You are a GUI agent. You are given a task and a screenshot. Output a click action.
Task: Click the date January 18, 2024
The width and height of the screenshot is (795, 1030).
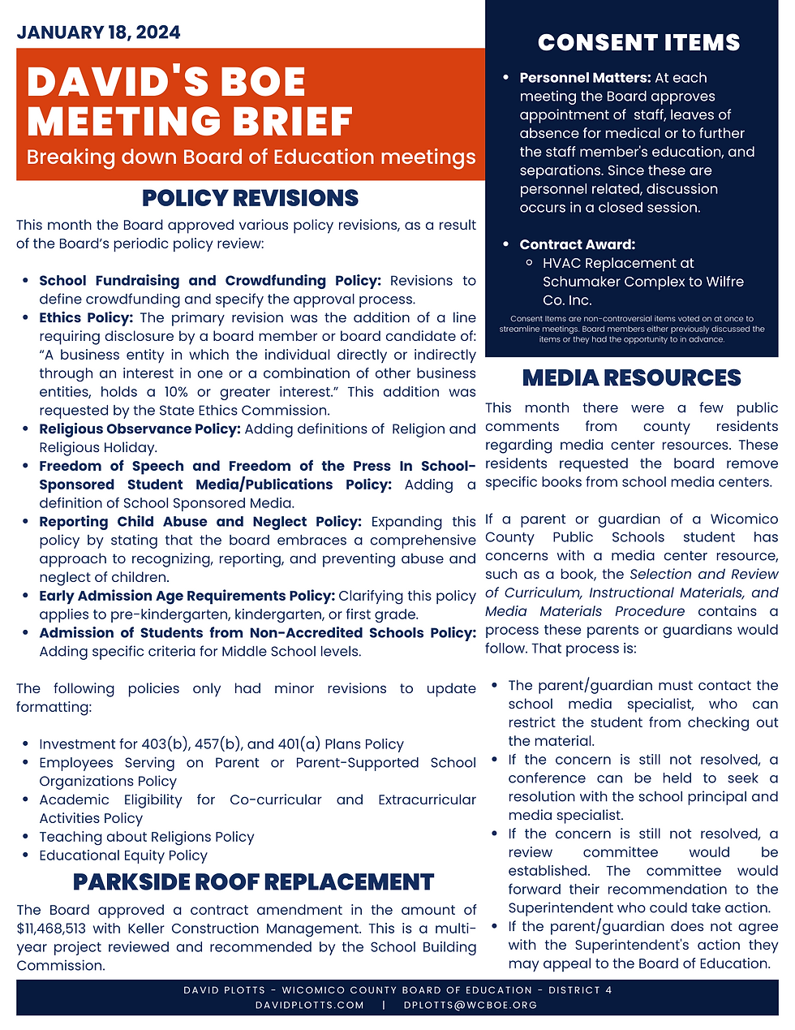(x=98, y=32)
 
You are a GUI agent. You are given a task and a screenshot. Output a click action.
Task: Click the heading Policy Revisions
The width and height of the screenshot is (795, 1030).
(x=250, y=198)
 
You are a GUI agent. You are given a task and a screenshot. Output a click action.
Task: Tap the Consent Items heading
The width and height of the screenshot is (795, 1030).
(x=638, y=43)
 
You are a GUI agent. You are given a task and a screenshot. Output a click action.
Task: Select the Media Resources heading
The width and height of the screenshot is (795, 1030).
(x=631, y=378)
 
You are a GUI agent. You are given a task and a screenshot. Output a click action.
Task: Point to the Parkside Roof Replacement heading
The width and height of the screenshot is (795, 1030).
(x=253, y=882)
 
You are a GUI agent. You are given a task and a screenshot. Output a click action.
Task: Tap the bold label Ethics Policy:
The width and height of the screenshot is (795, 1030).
(x=86, y=318)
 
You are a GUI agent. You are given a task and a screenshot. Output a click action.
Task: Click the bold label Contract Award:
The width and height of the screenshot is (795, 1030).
(x=577, y=244)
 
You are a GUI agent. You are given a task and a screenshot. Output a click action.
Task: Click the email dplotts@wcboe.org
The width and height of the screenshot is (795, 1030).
(x=471, y=1005)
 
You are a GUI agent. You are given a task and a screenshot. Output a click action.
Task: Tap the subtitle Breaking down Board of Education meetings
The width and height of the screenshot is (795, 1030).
(x=251, y=157)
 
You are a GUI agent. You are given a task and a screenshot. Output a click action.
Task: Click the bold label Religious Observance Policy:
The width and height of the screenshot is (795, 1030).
(x=140, y=429)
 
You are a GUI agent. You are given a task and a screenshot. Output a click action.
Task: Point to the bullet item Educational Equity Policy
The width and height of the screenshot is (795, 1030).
(x=123, y=855)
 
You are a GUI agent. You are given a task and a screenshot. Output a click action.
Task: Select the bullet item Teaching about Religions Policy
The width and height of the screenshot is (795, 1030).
(x=146, y=837)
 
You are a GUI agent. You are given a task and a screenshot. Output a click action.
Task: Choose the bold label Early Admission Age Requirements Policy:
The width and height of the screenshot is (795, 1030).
(x=187, y=597)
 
